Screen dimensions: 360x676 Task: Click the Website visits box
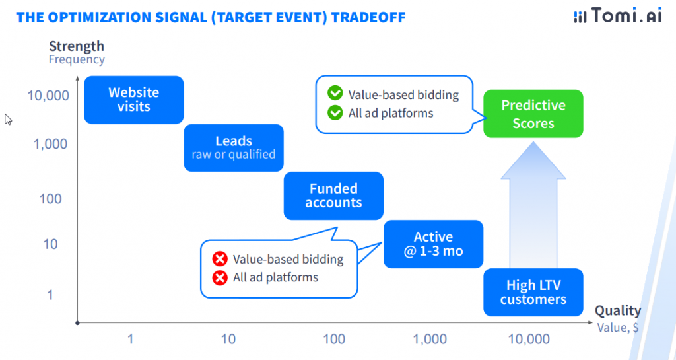133,100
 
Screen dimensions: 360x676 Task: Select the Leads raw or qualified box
233,148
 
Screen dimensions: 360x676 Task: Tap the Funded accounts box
333,196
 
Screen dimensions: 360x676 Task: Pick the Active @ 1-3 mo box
433,244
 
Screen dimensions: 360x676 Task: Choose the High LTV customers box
533,293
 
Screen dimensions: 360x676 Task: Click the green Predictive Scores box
533,114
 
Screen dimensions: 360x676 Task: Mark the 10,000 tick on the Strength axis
48,96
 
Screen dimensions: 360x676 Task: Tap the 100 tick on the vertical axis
50,199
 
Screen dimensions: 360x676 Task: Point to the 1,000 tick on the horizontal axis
430,340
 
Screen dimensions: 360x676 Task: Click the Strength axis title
76,46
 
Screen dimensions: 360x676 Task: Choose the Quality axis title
617,310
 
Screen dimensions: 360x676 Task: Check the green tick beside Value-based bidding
335,94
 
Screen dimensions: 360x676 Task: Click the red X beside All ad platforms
220,277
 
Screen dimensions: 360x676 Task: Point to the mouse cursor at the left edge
8,120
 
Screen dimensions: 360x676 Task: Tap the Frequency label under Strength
76,59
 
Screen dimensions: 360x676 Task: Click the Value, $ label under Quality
617,326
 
